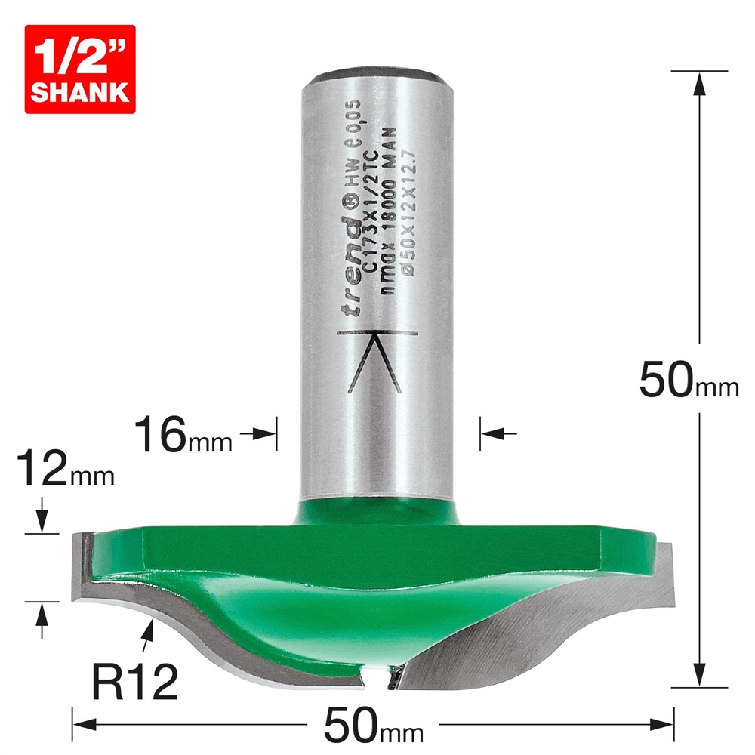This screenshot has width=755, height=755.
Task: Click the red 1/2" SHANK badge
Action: click(79, 69)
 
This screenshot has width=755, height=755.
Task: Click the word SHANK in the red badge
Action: click(79, 92)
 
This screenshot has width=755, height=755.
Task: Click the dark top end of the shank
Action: click(377, 75)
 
